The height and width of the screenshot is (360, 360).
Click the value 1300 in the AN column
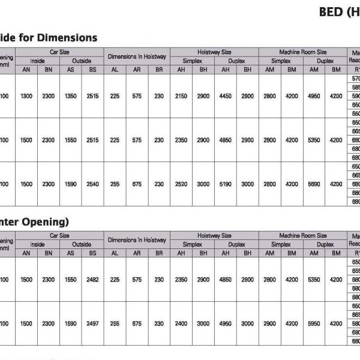[x=26, y=96]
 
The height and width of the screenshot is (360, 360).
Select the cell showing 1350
[x=70, y=96]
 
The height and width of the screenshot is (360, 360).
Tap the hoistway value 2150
[x=181, y=96]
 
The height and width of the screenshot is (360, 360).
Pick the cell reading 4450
[x=226, y=96]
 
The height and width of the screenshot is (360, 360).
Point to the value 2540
[x=92, y=184]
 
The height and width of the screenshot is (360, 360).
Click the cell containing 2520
[x=181, y=184]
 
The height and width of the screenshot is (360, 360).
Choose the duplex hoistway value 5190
[x=226, y=184]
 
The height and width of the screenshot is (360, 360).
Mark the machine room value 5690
[x=314, y=184]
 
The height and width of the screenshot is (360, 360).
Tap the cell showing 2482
[x=92, y=280]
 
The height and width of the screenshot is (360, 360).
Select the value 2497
[x=92, y=323]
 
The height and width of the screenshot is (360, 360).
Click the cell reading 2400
[x=181, y=323]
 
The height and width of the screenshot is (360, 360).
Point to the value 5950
[x=314, y=323]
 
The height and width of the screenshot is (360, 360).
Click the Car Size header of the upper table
[x=59, y=52]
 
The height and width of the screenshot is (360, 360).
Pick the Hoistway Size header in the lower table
[x=214, y=236]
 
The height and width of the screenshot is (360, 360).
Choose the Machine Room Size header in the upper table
[x=303, y=52]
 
